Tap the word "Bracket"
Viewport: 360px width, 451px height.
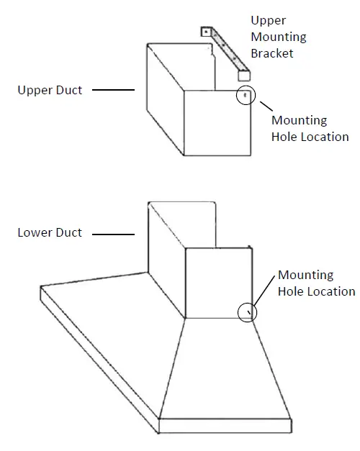(x=271, y=53)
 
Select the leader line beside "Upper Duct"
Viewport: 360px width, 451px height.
(x=114, y=91)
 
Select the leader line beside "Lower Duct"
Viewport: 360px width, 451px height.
(x=114, y=234)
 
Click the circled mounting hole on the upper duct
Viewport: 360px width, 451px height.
(x=246, y=95)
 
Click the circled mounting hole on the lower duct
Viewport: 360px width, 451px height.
(x=247, y=311)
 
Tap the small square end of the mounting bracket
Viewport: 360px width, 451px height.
(x=244, y=74)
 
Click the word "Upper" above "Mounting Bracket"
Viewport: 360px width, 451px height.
(x=268, y=21)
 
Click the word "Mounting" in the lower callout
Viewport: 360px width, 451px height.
(x=305, y=275)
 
